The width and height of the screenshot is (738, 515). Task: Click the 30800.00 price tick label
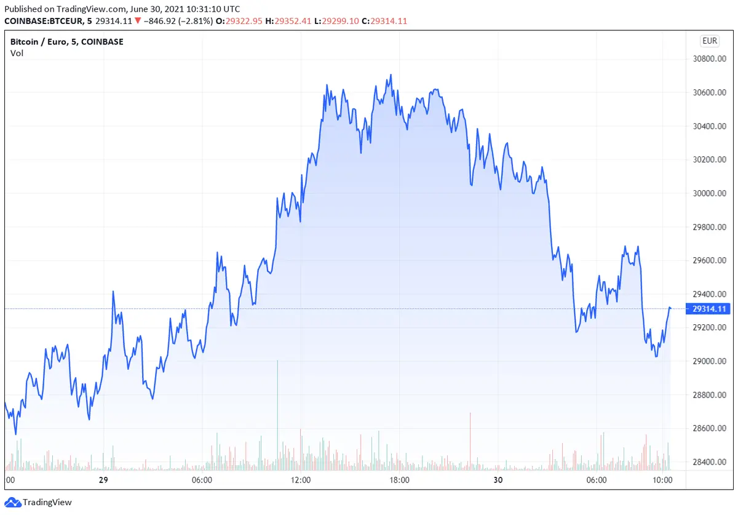click(710, 59)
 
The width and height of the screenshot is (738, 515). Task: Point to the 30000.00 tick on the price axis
click(710, 193)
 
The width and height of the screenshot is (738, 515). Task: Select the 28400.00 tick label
click(710, 462)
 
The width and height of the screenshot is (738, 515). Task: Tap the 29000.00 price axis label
click(710, 361)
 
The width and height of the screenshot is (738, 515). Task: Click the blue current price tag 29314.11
click(709, 309)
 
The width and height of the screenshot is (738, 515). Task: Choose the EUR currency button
click(709, 41)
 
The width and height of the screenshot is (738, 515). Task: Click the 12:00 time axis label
click(301, 480)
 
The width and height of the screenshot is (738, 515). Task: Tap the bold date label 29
click(103, 480)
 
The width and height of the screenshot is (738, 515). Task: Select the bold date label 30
click(498, 480)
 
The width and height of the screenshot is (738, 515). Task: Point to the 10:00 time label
click(662, 480)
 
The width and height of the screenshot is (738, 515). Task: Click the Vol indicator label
click(17, 53)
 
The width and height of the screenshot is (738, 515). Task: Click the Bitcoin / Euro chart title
click(67, 42)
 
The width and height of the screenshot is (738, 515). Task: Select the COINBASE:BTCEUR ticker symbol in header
click(46, 21)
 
